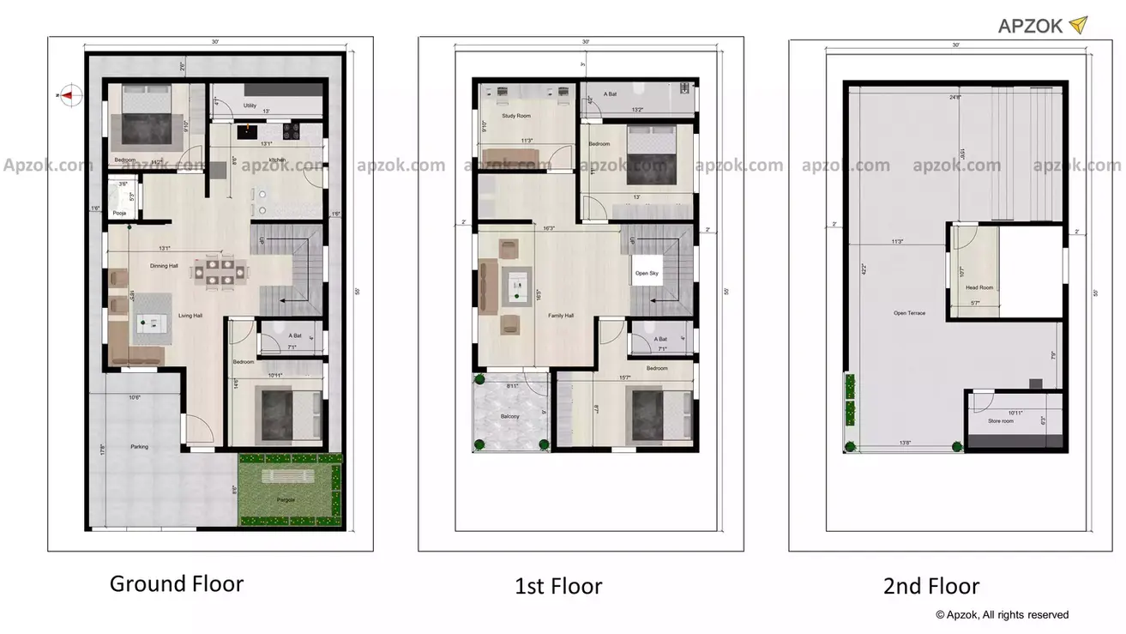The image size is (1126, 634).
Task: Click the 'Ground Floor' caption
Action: [177, 584]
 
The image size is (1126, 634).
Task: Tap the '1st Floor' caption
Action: [558, 587]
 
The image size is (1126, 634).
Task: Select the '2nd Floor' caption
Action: [931, 587]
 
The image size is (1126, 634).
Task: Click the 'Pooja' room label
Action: [119, 213]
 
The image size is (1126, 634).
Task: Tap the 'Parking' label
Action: [139, 446]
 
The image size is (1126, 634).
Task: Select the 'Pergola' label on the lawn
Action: [286, 498]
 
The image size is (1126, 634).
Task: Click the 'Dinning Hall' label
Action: [164, 266]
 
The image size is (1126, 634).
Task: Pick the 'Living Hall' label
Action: [190, 316]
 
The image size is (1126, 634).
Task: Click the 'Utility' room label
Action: [250, 106]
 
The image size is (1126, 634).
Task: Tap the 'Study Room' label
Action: [516, 115]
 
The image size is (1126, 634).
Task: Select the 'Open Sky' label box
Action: [647, 273]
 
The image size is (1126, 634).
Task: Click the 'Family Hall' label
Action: [561, 316]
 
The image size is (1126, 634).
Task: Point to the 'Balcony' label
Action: [509, 416]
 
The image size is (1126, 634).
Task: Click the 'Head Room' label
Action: [979, 287]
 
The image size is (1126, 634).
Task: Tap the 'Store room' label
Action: [1000, 421]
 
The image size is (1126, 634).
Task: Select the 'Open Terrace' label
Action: [909, 313]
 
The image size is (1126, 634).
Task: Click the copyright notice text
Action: [1002, 614]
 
